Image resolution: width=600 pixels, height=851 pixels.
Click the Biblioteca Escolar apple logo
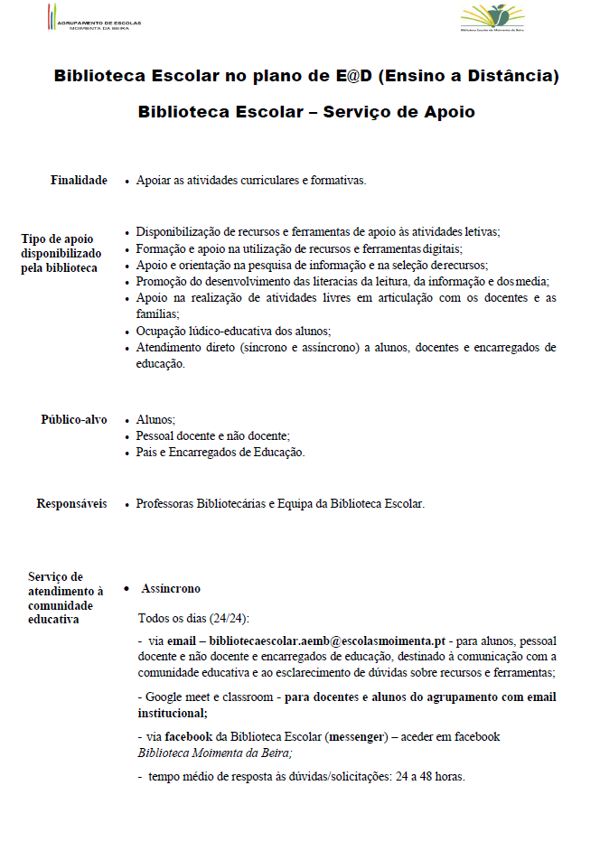pyautogui.click(x=492, y=17)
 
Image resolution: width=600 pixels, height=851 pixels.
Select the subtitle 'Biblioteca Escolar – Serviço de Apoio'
pyautogui.click(x=306, y=112)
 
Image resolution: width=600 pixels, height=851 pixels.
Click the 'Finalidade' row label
pyautogui.click(x=79, y=181)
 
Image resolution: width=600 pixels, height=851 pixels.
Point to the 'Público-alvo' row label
pyautogui.click(x=74, y=420)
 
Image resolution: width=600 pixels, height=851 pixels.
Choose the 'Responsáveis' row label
pyautogui.click(x=71, y=503)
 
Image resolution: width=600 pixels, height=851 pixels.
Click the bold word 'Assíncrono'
pyautogui.click(x=171, y=589)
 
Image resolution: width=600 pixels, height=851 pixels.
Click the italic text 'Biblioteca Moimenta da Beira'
pyautogui.click(x=214, y=752)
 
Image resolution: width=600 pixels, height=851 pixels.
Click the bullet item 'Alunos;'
pyautogui.click(x=155, y=420)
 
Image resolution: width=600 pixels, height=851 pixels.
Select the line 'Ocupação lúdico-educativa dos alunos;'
pyautogui.click(x=233, y=331)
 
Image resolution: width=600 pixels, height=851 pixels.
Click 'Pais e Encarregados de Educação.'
pyautogui.click(x=220, y=453)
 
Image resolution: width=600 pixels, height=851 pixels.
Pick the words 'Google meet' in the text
pyautogui.click(x=175, y=697)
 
